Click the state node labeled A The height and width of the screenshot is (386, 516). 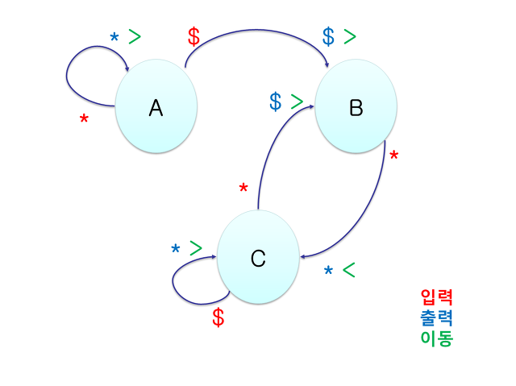pos(156,109)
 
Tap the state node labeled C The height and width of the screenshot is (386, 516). pos(258,258)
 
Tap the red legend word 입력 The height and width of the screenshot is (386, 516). pos(436,298)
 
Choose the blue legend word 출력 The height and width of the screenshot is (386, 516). pos(436,318)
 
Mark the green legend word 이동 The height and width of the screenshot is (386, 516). pos(436,338)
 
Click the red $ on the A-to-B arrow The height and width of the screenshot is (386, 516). pos(193,37)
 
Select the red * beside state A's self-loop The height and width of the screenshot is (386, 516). pos(84,121)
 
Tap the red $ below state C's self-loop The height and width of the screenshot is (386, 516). pos(218,318)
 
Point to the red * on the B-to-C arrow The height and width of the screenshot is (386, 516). pos(393,156)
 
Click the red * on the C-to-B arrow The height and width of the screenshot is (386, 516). pos(243,189)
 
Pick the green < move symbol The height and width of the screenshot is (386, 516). pos(348,270)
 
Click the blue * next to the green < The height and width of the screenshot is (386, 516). pos(328,272)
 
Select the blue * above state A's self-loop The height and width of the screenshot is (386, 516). pos(114,37)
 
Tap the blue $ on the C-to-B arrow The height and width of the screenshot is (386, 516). pos(276,102)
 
